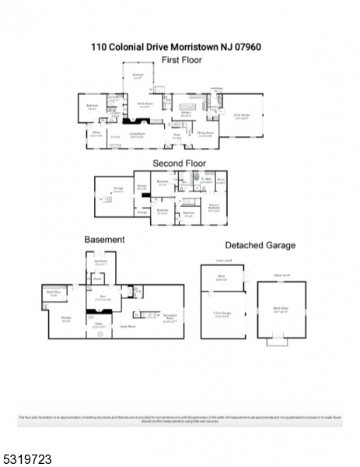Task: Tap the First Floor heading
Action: point(180,58)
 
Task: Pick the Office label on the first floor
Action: point(97,134)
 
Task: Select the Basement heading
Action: point(104,240)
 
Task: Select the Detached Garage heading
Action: point(260,245)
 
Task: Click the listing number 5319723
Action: point(28,459)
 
